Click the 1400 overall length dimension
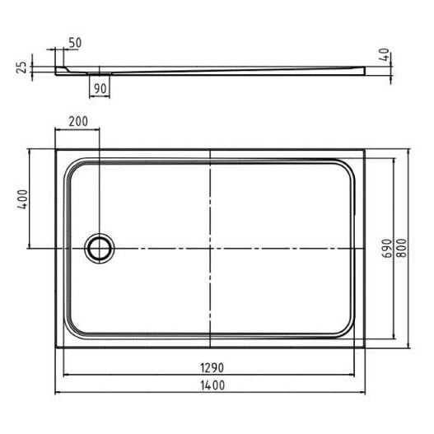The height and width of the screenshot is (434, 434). tap(212, 385)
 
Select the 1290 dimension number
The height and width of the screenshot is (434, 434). tap(212, 368)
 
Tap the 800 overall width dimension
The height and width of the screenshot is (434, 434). tap(402, 248)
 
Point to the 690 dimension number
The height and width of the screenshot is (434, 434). tap(387, 248)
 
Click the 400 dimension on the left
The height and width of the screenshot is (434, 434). tap(22, 199)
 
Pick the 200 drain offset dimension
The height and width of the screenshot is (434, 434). tap(78, 121)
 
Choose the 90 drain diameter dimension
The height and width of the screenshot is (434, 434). tap(100, 89)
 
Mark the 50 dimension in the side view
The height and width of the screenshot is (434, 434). tap(75, 43)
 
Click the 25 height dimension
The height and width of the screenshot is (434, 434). tap(22, 68)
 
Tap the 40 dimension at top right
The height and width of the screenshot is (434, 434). tap(385, 54)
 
